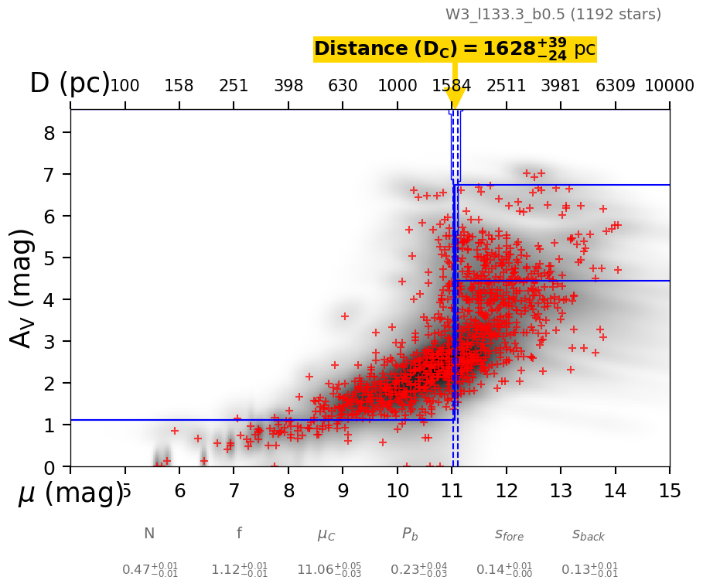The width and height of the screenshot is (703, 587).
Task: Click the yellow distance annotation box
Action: click(x=455, y=49)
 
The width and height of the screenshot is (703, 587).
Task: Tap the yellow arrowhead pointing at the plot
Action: click(x=455, y=100)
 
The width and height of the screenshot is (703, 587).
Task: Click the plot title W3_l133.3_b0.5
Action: click(x=553, y=14)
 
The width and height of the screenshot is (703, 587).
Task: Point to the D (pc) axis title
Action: click(x=70, y=84)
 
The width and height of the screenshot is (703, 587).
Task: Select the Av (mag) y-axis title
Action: click(x=22, y=288)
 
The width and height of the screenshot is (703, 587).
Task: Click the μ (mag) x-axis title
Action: click(x=70, y=493)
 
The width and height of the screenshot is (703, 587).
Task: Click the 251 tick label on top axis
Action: click(x=234, y=86)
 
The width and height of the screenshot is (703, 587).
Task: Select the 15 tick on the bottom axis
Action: click(x=670, y=492)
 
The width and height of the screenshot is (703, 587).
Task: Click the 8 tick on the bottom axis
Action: click(x=288, y=492)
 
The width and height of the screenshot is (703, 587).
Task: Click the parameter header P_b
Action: click(x=410, y=534)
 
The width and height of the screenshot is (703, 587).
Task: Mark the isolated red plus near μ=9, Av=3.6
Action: click(x=345, y=316)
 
